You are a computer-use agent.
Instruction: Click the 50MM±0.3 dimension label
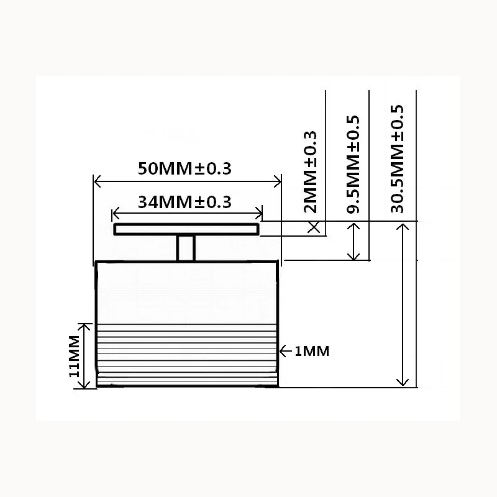point(185,168)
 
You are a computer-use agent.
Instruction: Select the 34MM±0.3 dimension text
point(185,202)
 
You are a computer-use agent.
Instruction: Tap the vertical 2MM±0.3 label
point(310,172)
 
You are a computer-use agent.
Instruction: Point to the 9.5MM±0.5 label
point(353,164)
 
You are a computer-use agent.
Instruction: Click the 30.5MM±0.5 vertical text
point(397,159)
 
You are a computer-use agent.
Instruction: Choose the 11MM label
point(74,356)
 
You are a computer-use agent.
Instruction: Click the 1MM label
point(312,351)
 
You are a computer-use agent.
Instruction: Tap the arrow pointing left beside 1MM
point(286,351)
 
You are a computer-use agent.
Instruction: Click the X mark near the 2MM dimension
point(314,227)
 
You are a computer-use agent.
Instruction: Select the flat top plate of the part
point(186,229)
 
